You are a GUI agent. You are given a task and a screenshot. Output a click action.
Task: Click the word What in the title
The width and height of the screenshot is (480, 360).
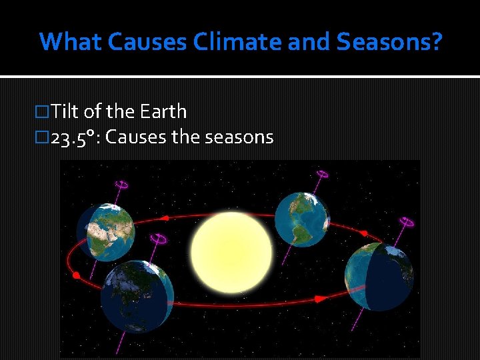coord(71,41)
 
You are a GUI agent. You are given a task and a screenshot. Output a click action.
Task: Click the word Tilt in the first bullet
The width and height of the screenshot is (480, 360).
coord(65,111)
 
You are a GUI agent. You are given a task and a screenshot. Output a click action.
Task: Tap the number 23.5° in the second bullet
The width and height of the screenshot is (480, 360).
coord(73,137)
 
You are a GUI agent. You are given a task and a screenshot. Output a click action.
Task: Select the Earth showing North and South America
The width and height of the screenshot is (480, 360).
coord(302,219)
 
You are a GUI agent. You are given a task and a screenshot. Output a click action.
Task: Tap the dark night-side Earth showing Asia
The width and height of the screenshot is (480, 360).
coord(137,296)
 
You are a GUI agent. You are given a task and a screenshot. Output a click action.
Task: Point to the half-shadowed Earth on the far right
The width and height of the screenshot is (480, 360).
coord(379,276)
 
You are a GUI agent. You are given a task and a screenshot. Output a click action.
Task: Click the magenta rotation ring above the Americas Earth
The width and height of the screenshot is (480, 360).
coord(321,175)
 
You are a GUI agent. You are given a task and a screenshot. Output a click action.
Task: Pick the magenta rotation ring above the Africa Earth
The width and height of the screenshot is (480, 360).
coord(122,184)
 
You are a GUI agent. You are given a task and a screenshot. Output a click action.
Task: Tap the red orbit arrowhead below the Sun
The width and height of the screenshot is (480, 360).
coord(320,299)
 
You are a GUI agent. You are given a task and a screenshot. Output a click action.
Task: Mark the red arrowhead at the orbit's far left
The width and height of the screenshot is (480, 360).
coord(76,275)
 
